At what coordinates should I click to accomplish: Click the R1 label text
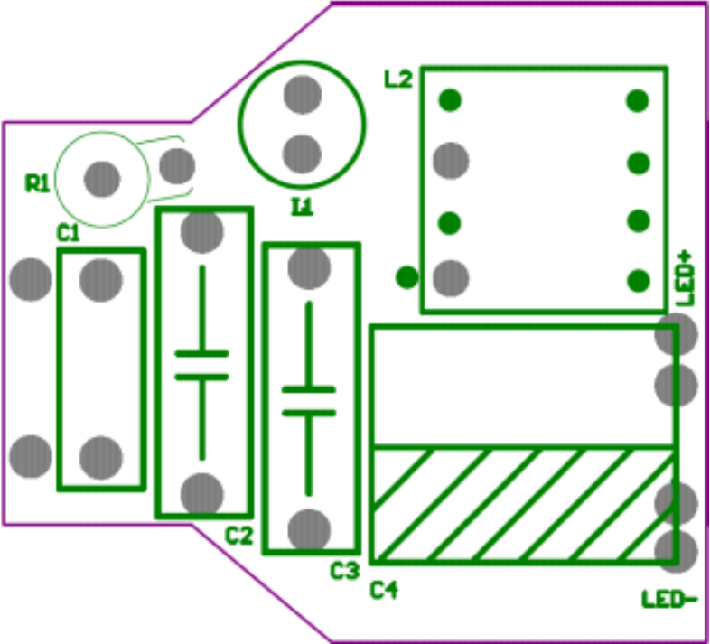[37, 184]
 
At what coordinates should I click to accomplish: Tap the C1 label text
[69, 234]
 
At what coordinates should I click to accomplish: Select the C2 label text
[238, 537]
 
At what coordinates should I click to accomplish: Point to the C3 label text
[345, 571]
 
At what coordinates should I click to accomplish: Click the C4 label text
[385, 591]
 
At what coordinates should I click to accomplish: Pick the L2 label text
[398, 79]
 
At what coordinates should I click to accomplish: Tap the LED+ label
[686, 276]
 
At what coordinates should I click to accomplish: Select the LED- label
[669, 598]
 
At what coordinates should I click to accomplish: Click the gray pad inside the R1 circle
[102, 179]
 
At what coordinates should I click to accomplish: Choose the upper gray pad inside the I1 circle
[302, 94]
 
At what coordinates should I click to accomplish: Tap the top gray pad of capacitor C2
[201, 231]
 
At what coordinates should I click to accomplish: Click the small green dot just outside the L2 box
[407, 276]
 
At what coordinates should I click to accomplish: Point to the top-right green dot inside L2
[638, 100]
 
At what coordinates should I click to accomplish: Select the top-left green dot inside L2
[450, 100]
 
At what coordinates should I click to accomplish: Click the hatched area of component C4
[524, 504]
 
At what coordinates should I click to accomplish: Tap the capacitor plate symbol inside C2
[201, 364]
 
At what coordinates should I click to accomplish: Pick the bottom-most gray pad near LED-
[677, 550]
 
